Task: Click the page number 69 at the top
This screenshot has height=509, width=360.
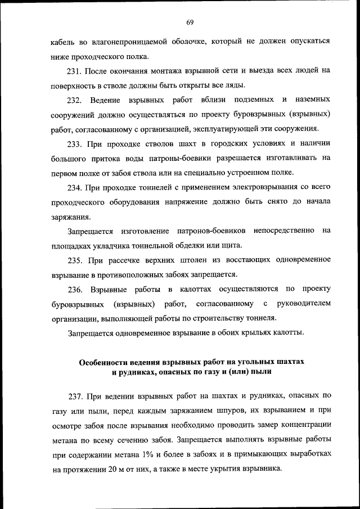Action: point(190,22)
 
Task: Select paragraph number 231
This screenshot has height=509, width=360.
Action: point(76,71)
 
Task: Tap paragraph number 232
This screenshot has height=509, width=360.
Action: point(76,100)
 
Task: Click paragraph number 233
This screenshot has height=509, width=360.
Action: point(76,144)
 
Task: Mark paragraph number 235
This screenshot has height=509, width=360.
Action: point(76,260)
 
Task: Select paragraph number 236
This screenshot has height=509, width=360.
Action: point(76,290)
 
